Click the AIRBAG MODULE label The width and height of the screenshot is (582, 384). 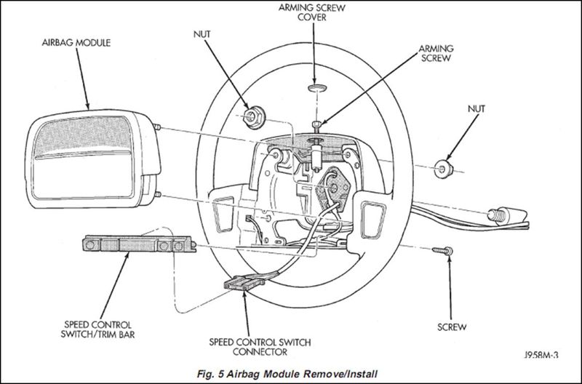pyautogui.click(x=76, y=43)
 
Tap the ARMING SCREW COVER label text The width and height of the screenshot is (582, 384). pyautogui.click(x=312, y=12)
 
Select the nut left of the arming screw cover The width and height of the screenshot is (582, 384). pyautogui.click(x=254, y=116)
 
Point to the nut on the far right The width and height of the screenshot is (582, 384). pyautogui.click(x=444, y=169)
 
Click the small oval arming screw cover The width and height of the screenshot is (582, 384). pyautogui.click(x=317, y=88)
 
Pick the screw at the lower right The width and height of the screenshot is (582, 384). pyautogui.click(x=442, y=251)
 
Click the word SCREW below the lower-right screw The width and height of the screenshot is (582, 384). pyautogui.click(x=452, y=327)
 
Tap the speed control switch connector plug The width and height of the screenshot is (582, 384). pyautogui.click(x=244, y=283)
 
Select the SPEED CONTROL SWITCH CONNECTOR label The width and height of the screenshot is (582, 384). pyautogui.click(x=260, y=346)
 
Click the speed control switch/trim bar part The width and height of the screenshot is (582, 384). pyautogui.click(x=139, y=244)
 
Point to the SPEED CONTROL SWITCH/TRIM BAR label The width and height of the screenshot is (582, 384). pyautogui.click(x=97, y=329)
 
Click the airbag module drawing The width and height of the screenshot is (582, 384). pyautogui.click(x=94, y=159)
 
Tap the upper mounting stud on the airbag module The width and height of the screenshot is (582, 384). pyautogui.click(x=156, y=127)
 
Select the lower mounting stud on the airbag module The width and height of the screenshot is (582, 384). pyautogui.click(x=157, y=194)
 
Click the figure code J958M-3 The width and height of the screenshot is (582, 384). pyautogui.click(x=541, y=355)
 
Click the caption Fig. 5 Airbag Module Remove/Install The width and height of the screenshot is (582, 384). pyautogui.click(x=287, y=374)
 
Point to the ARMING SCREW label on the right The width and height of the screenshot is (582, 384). pyautogui.click(x=436, y=53)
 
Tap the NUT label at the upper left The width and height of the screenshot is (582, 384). pyautogui.click(x=202, y=34)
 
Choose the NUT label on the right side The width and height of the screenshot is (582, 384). pyautogui.click(x=477, y=108)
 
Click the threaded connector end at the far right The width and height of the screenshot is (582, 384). pyautogui.click(x=495, y=215)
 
